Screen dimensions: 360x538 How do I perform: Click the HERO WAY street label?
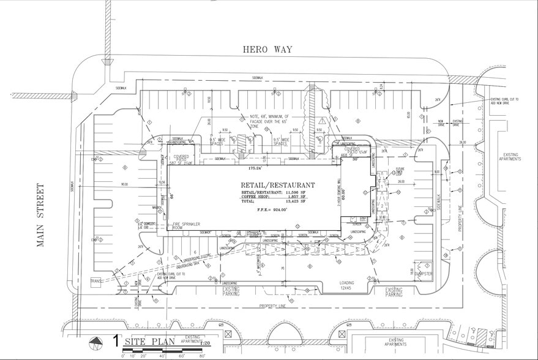pyautogui.click(x=268, y=50)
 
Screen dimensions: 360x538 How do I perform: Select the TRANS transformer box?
pyautogui.click(x=95, y=281)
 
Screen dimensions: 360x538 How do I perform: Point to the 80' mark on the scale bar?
pyautogui.click(x=202, y=355)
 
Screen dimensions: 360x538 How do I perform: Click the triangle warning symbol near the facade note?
pyautogui.click(x=322, y=121)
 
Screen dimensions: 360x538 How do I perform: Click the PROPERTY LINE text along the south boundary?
pyautogui.click(x=273, y=305)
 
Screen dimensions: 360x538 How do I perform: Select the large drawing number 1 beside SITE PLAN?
pyautogui.click(x=115, y=340)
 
